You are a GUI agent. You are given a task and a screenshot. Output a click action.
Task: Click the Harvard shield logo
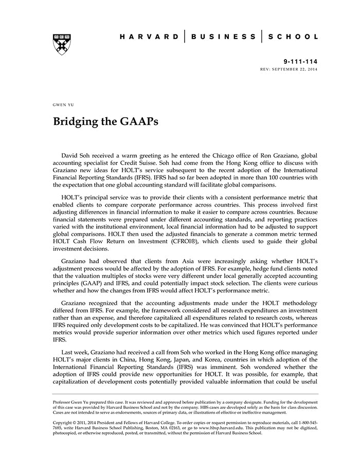[x=62, y=44]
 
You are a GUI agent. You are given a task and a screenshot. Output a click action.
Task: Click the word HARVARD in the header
[x=149, y=37]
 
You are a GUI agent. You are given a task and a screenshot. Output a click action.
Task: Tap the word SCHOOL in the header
[x=294, y=37]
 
